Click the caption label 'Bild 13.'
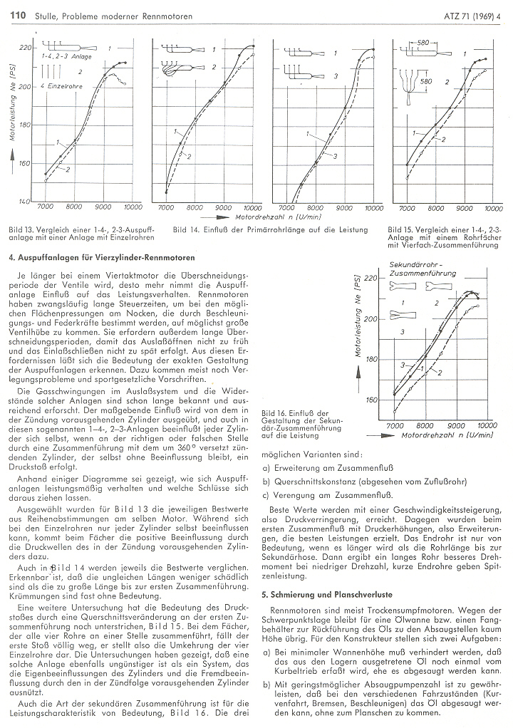[x=23, y=230]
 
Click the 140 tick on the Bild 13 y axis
[x=25, y=202]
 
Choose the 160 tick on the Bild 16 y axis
[x=370, y=400]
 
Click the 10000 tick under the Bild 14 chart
[x=251, y=208]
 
